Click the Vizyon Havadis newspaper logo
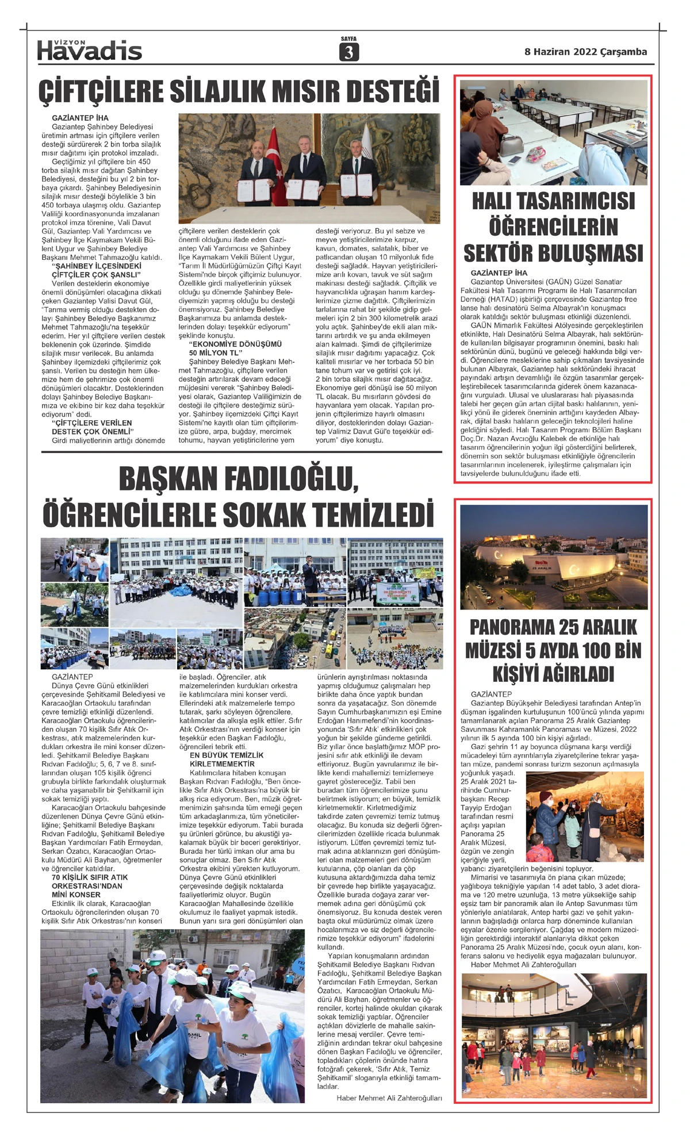(89, 51)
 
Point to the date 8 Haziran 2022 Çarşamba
(585, 52)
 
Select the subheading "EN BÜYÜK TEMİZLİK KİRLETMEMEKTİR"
(226, 759)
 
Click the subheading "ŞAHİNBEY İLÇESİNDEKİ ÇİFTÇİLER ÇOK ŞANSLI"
(96, 271)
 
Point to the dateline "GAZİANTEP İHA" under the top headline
(80, 118)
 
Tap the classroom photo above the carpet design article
(553, 132)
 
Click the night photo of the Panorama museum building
(553, 557)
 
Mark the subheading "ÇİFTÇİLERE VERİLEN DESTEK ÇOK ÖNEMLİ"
(92, 427)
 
